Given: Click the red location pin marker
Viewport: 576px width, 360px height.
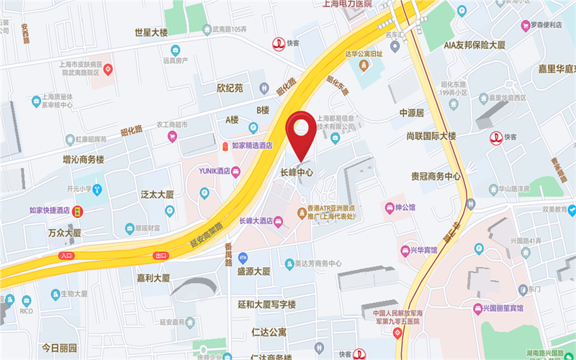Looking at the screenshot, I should tap(302, 130).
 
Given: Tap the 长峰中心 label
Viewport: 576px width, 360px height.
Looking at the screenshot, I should tap(296, 173).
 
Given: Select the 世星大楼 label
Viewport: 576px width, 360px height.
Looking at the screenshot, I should tap(151, 32).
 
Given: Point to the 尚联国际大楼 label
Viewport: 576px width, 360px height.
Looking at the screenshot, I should tap(431, 136).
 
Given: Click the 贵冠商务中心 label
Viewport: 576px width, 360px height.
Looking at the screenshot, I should tap(436, 176).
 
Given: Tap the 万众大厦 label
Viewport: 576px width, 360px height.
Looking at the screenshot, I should tap(65, 233).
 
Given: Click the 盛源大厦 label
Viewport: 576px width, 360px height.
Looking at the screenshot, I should tap(253, 271).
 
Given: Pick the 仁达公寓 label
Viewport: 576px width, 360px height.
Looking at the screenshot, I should tap(269, 333).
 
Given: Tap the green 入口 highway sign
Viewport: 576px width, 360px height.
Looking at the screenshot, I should tap(67, 256).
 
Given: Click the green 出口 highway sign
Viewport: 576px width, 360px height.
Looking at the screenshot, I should tap(160, 256).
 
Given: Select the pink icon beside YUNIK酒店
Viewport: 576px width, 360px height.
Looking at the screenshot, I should tap(235, 171).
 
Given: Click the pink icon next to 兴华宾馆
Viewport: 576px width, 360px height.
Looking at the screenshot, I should tap(405, 251).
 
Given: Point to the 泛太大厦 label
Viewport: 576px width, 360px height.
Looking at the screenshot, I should tap(158, 194).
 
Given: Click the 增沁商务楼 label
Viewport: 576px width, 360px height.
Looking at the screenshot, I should tap(84, 159).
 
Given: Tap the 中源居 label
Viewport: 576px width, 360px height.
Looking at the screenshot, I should tap(412, 113).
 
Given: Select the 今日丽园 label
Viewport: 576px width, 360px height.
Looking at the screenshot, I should tap(59, 348).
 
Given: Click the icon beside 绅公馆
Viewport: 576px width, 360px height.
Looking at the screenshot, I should tap(390, 208).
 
